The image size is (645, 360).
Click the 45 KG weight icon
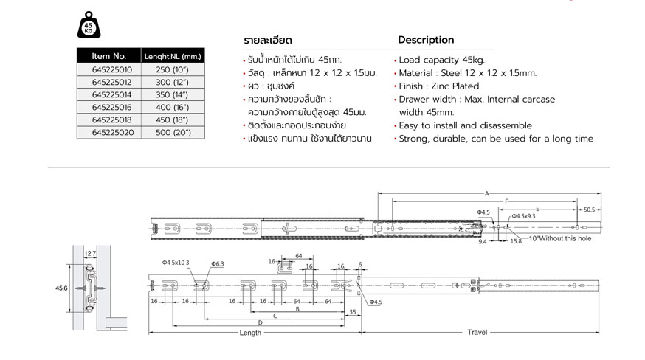[89, 25]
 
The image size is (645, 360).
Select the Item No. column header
[109, 56]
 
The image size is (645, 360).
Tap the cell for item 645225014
[111, 94]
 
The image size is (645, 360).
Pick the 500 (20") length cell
[173, 133]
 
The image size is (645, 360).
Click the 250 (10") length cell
[172, 69]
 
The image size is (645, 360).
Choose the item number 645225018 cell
[111, 120]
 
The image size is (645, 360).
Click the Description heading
[426, 40]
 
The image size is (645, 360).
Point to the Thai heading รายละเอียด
[268, 41]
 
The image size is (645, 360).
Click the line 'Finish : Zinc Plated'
[439, 86]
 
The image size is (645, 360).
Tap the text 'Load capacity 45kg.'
[442, 60]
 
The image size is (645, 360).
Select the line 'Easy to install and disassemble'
[465, 125]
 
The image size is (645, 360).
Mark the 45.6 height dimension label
[61, 288]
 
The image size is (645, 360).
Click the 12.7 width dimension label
[90, 254]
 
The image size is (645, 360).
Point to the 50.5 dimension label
[589, 210]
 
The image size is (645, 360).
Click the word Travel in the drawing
[477, 332]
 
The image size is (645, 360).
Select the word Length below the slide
[250, 333]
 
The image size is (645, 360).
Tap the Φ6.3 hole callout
[218, 263]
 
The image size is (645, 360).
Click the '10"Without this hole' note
[560, 238]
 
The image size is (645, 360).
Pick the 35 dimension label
[353, 312]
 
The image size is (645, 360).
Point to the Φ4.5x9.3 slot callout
[523, 216]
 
